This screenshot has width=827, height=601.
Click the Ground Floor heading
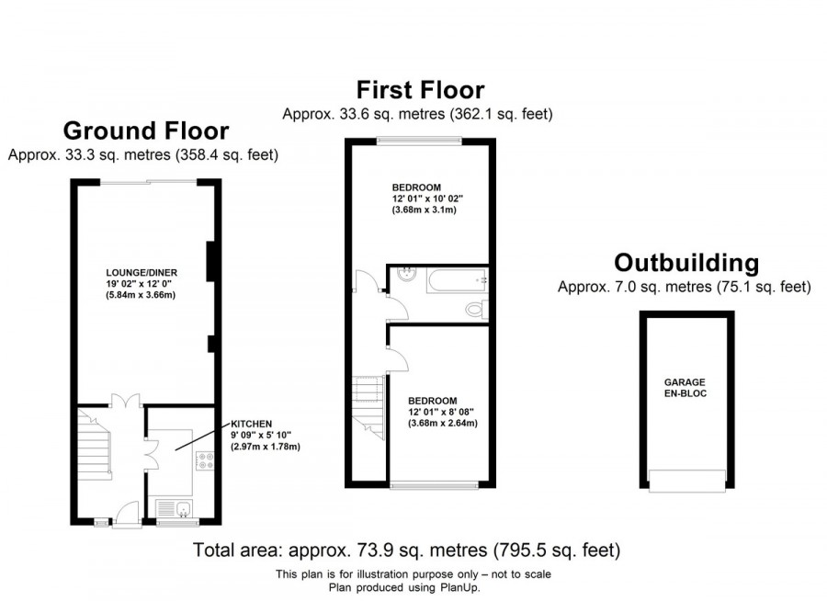click(x=145, y=130)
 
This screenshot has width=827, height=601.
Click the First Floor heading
click(x=420, y=90)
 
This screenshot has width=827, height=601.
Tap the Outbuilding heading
click(x=686, y=264)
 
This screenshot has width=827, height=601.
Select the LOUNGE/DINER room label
click(x=141, y=273)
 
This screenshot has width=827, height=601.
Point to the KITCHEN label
click(x=251, y=424)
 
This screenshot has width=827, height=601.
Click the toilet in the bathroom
click(x=475, y=310)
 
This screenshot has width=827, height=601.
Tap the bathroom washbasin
click(x=408, y=274)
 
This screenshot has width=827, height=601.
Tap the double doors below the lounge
click(x=125, y=401)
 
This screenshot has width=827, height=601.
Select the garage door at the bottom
click(x=686, y=479)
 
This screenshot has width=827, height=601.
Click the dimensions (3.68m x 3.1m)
click(x=424, y=210)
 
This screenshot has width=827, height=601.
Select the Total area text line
click(x=407, y=551)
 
